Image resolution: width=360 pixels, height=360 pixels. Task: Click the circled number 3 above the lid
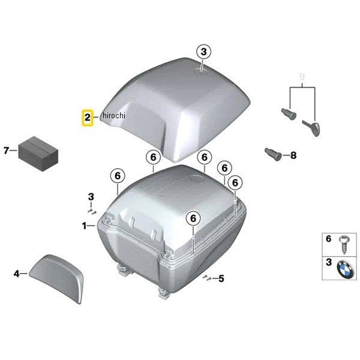click(203, 52)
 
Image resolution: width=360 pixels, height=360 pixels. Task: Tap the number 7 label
click(7, 150)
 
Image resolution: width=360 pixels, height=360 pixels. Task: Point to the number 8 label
click(293, 155)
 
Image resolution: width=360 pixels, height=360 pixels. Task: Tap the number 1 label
click(85, 226)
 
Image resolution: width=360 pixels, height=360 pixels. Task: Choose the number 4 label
click(16, 274)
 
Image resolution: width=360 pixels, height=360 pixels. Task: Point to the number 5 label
click(221, 278)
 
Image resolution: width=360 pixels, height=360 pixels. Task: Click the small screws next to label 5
click(207, 277)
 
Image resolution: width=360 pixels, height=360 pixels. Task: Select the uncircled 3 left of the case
click(91, 197)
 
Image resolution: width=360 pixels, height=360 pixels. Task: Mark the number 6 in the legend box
click(328, 239)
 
